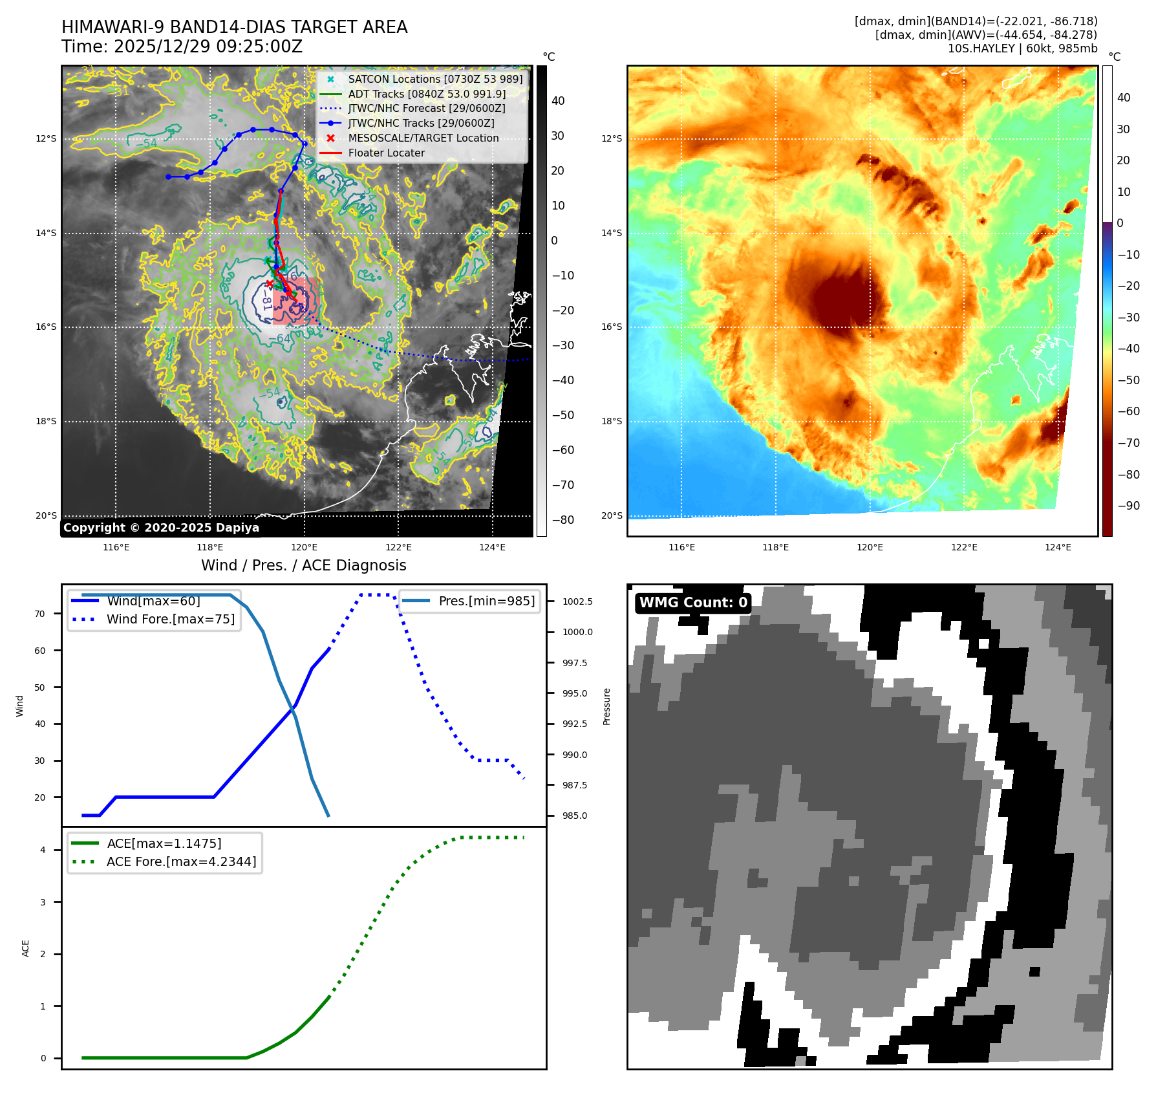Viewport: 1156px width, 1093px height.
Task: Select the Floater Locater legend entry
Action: [x=386, y=153]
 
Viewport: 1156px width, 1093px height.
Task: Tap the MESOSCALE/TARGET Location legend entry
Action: [x=423, y=138]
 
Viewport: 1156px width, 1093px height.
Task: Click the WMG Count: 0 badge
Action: [x=693, y=603]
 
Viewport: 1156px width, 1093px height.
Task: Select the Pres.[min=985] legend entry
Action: [x=486, y=601]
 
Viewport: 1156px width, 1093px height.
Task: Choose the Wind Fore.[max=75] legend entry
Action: [x=170, y=619]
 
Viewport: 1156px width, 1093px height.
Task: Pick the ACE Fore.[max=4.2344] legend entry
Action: [x=181, y=861]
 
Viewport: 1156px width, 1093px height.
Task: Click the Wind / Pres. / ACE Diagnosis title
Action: [x=303, y=565]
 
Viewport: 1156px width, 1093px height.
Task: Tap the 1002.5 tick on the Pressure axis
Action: [x=577, y=601]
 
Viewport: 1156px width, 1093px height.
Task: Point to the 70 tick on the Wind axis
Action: [x=40, y=614]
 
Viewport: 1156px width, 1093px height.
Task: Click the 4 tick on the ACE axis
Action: [x=43, y=850]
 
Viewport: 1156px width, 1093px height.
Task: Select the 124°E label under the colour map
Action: [x=1058, y=547]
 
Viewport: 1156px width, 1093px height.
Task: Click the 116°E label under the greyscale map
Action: [x=116, y=547]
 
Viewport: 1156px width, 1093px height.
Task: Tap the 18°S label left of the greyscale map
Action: [x=46, y=421]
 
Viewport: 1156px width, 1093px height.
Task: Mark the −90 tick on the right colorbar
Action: [x=1128, y=506]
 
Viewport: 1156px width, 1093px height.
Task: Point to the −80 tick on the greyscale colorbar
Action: [x=562, y=519]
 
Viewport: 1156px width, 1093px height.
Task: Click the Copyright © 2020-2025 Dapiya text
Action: [x=161, y=528]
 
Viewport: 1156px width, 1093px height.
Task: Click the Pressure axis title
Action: [x=606, y=706]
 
